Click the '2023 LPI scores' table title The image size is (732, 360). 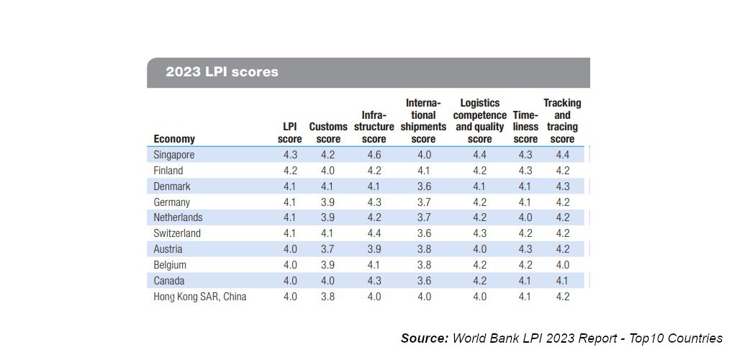tap(222, 72)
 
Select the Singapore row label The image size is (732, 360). tap(174, 155)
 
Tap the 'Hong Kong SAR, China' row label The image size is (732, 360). tap(200, 296)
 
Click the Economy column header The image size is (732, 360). tap(174, 139)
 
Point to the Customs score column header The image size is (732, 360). tap(328, 132)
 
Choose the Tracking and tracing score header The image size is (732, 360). tap(562, 121)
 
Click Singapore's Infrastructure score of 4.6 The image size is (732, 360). tap(374, 155)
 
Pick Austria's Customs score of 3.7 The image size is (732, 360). tap(328, 249)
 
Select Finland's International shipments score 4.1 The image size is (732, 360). tap(424, 171)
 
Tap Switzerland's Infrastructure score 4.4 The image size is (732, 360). tap(374, 233)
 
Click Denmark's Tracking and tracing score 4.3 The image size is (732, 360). tap(562, 186)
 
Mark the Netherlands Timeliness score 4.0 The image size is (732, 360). tap(525, 217)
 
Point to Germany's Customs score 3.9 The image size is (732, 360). tap(328, 202)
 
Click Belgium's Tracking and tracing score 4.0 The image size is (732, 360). tap(562, 265)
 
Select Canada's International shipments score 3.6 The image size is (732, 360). tap(424, 281)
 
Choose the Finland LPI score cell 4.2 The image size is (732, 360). tap(289, 171)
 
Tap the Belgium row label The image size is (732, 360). tap(170, 265)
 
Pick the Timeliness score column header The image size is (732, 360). tap(525, 127)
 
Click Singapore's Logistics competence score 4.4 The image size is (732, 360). tap(479, 155)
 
